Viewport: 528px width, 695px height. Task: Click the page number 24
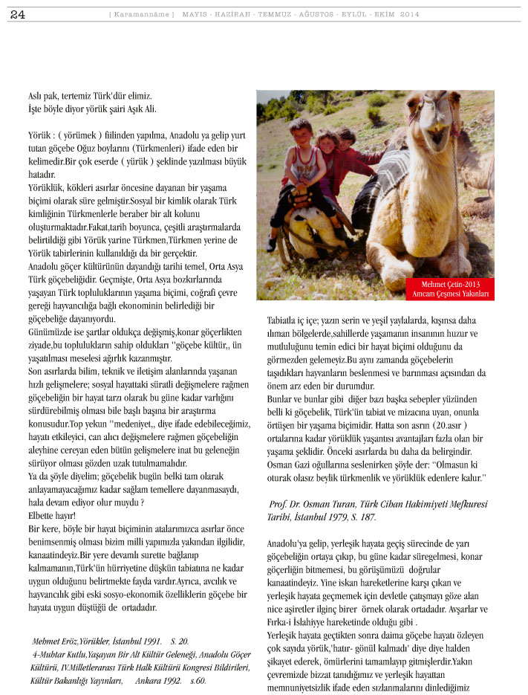[18, 14]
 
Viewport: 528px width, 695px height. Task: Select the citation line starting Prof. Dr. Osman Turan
[377, 504]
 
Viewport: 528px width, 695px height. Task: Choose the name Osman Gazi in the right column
[290, 463]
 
